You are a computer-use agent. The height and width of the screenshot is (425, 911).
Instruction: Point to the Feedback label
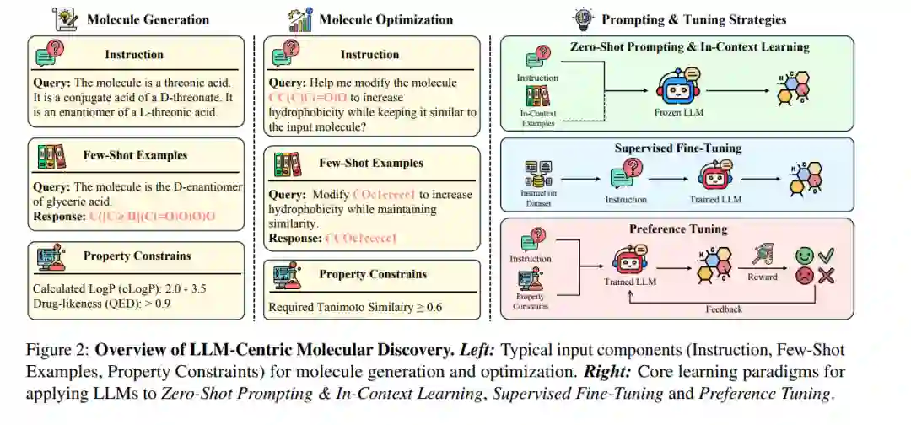[724, 309]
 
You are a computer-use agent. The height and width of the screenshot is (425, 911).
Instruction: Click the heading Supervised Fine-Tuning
[678, 148]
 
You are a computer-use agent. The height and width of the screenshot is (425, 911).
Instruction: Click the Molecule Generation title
[148, 19]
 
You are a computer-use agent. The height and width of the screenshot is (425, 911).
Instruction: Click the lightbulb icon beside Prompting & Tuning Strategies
[583, 17]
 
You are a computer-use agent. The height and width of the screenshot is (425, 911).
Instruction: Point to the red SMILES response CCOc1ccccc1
[360, 239]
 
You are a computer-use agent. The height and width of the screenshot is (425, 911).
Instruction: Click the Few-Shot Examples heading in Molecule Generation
[135, 156]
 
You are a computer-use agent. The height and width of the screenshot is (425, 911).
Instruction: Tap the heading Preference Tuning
[677, 229]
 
